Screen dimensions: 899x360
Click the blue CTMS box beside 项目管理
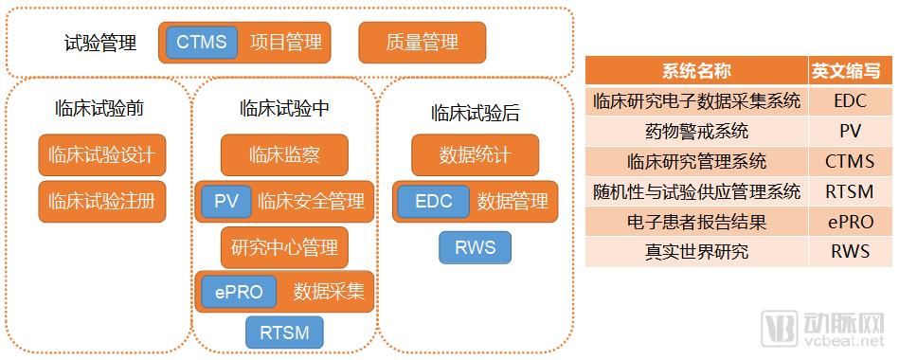coord(202,42)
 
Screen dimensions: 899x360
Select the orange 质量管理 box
coord(422,43)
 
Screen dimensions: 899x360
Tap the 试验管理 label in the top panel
coord(100,43)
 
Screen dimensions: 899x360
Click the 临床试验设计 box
coord(102,154)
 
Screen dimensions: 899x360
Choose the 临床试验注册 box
coord(102,201)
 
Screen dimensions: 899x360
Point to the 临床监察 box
coord(284,154)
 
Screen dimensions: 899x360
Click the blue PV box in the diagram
coord(225,201)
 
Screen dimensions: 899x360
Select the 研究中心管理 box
coord(284,247)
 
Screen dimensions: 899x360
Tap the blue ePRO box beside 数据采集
coord(239,292)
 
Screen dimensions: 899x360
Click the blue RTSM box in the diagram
coord(284,333)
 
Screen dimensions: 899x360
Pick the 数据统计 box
coord(475,154)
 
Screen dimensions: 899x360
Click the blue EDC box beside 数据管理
coord(434,201)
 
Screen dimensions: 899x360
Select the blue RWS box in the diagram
coord(475,247)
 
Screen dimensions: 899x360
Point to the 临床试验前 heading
coord(99,108)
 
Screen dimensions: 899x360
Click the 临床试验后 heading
coord(476,113)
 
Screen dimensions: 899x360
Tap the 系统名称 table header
coord(696,71)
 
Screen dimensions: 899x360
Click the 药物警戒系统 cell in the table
coord(696,132)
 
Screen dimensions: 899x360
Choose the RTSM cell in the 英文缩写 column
coord(851,191)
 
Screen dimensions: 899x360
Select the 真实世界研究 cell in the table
coord(696,251)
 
